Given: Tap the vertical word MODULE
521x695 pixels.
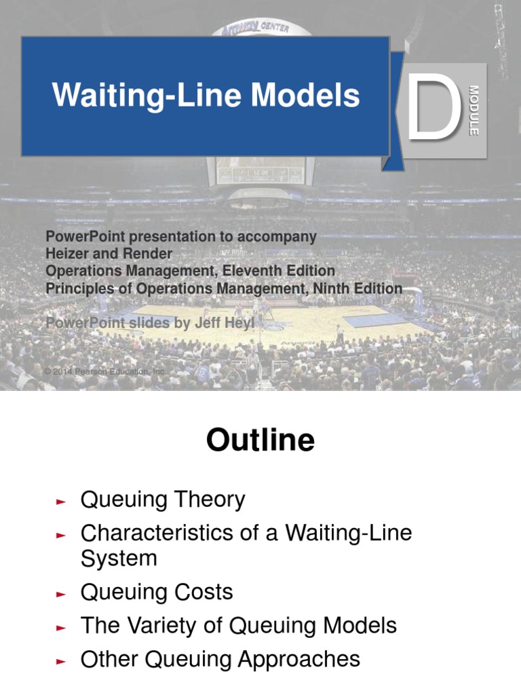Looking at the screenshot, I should tap(474, 111).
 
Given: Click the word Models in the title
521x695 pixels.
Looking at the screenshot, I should tap(306, 96).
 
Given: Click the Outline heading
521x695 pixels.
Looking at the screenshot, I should tap(260, 441).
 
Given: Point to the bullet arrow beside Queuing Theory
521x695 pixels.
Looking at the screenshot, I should tap(61, 502).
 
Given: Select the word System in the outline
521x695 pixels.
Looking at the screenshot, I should tap(119, 559).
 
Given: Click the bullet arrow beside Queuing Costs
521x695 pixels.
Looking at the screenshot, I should tap(61, 594).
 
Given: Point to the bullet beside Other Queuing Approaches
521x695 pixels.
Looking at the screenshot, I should tap(61, 661).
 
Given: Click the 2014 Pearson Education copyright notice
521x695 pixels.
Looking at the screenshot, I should tap(104, 372).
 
